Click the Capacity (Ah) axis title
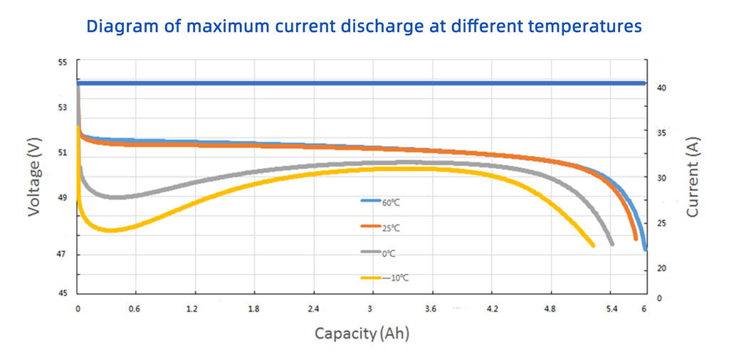[362, 333]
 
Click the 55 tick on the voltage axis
[62, 63]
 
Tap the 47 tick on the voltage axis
[62, 254]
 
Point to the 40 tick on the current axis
[661, 88]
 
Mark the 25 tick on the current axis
[661, 223]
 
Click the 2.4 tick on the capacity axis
[313, 309]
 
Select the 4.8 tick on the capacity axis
[550, 309]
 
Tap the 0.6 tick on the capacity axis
[135, 309]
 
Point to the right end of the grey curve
[612, 244]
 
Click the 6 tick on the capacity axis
[644, 309]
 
